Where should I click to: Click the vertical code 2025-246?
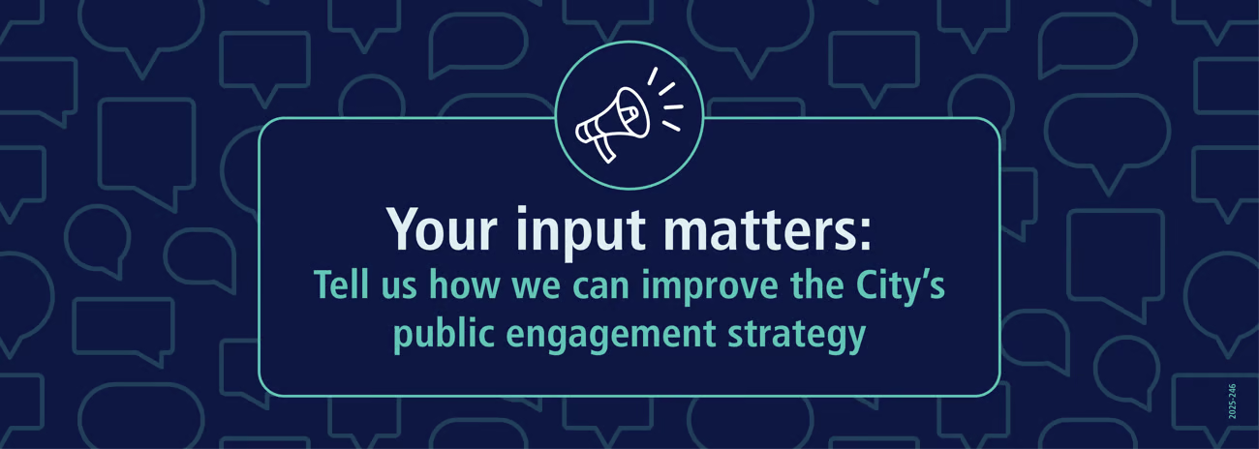[x=1232, y=401]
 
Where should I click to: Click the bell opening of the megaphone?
[x=630, y=111]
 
